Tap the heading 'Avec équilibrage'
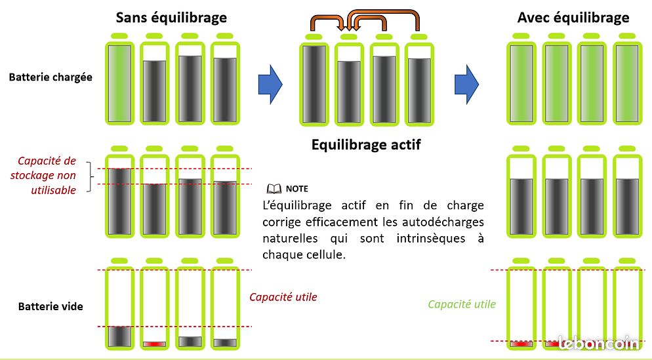(573, 17)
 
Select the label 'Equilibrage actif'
(366, 144)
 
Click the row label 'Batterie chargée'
(51, 77)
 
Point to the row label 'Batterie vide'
(51, 306)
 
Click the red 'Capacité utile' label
(283, 297)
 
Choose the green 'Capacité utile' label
(462, 304)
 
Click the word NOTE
(296, 189)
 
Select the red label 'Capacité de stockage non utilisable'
(47, 176)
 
